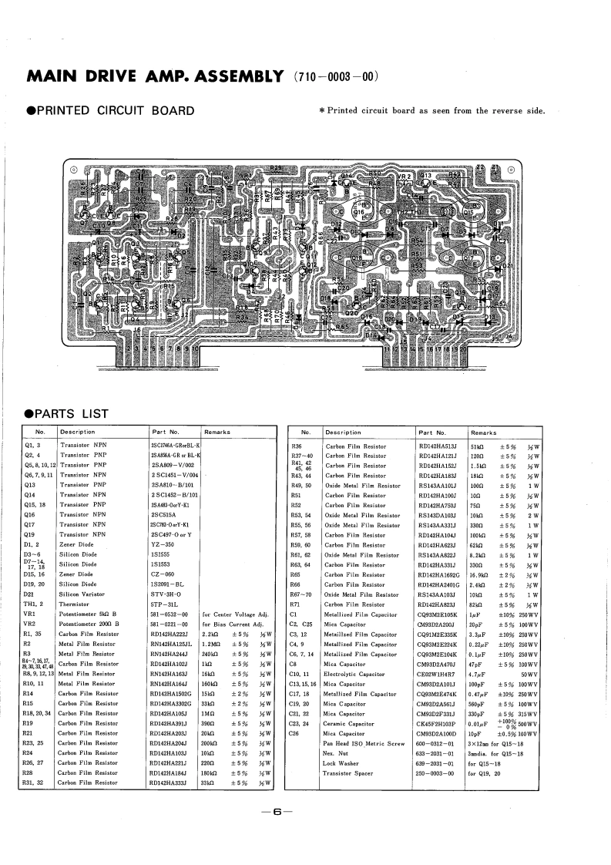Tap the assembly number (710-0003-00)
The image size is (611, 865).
337,77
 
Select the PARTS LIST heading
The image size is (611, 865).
71,414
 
